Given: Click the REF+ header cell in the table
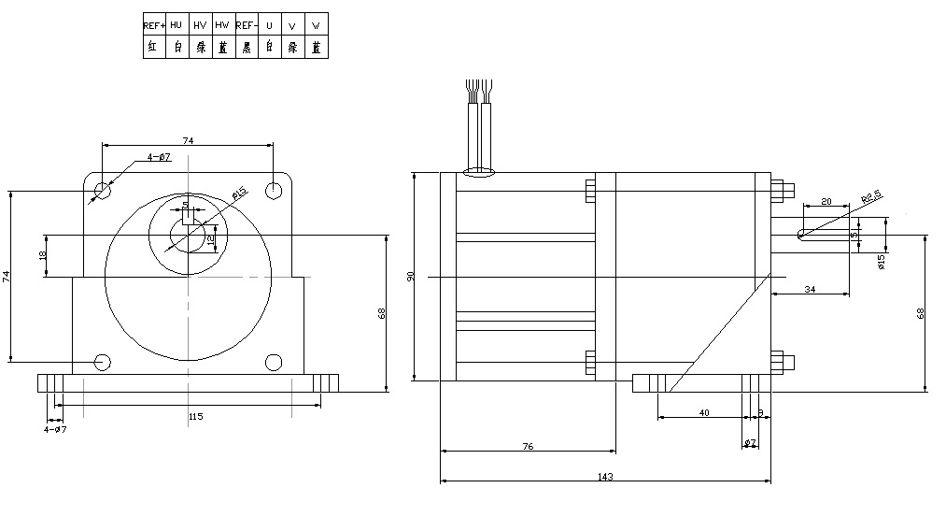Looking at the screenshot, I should point(154,24).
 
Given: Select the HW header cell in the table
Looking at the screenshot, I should point(222,24).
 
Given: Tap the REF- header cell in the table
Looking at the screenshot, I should point(246,24).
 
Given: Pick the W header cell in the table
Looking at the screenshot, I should point(316,24).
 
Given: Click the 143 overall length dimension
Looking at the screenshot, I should point(604,477).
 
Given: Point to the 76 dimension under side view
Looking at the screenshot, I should point(527,447).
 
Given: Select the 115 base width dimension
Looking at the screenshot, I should point(195,416).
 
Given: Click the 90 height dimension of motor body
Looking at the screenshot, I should point(410,278).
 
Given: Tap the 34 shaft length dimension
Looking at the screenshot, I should point(809,291).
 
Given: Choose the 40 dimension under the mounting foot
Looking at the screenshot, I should point(703,412).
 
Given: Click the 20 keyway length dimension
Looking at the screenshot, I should point(826,202).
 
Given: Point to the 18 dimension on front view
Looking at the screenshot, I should point(43,256).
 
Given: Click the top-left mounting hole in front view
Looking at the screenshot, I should point(103,192).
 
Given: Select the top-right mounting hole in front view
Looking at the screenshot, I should point(274,192).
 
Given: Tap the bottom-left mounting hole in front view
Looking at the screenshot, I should point(103,362).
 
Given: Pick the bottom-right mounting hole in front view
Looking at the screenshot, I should point(274,362).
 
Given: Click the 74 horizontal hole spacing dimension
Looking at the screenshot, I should point(188,140).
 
